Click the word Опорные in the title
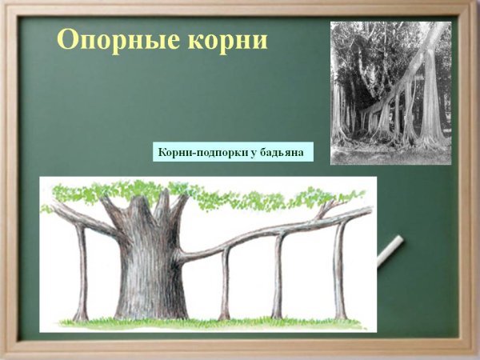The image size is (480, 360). click(x=108, y=39)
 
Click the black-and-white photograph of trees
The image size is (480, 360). click(x=390, y=92)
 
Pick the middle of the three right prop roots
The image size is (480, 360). click(x=278, y=276)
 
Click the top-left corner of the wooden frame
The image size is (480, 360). click(x=6, y=6)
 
